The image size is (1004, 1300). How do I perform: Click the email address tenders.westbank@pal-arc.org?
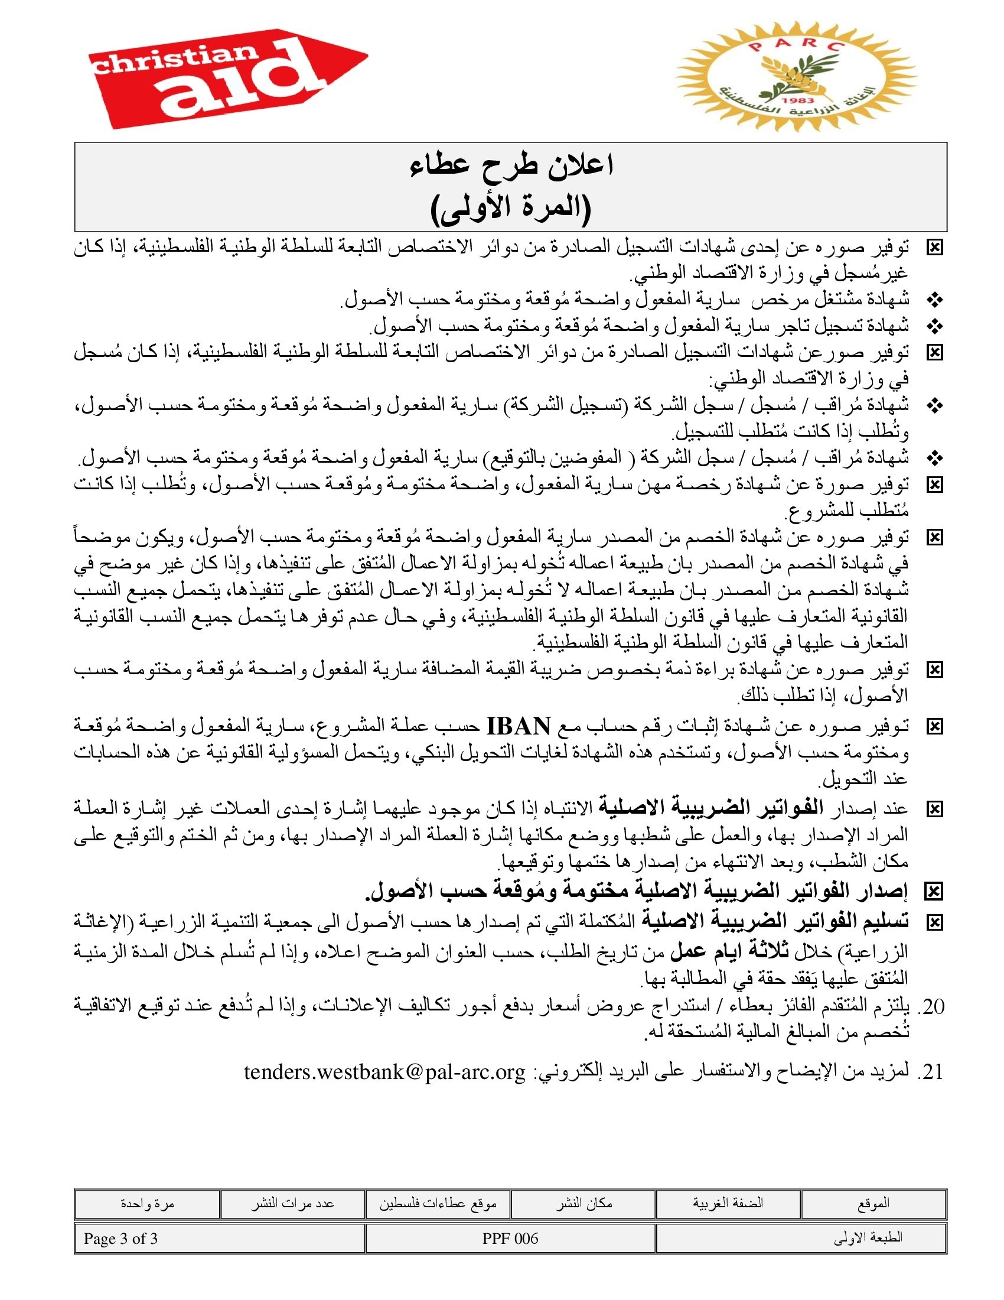(385, 1071)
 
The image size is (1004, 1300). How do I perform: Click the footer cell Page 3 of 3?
(120, 1239)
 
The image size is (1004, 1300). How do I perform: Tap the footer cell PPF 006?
(510, 1239)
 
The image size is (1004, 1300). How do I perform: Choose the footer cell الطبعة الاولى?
(868, 1239)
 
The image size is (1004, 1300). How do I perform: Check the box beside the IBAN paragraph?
(935, 727)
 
